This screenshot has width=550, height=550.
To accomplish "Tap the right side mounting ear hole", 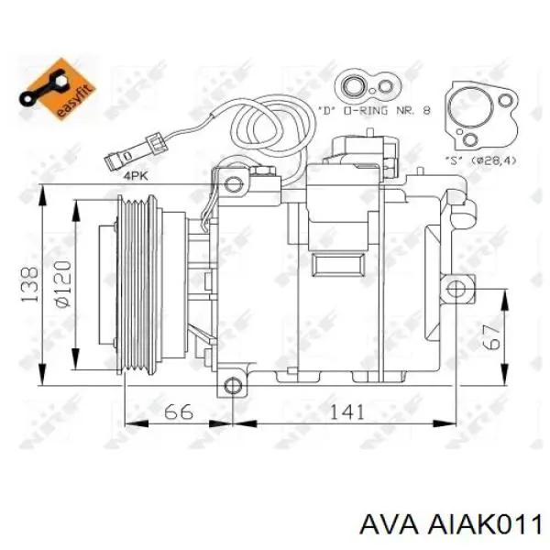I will click(457, 291).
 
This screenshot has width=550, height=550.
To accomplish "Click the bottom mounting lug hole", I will click(234, 386).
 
